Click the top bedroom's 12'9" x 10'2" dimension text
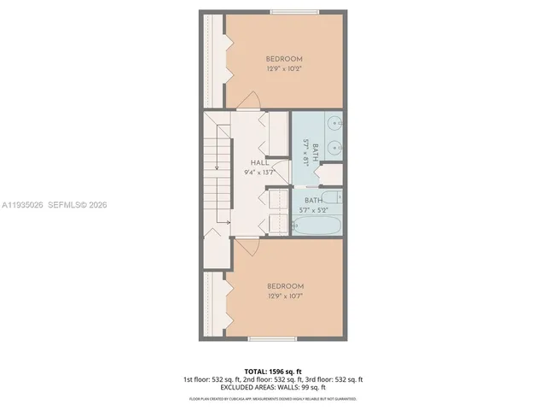(284, 69)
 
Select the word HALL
(260, 162)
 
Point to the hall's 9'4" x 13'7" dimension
(260, 172)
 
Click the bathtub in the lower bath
(316, 226)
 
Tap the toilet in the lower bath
(334, 199)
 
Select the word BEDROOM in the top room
(284, 59)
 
